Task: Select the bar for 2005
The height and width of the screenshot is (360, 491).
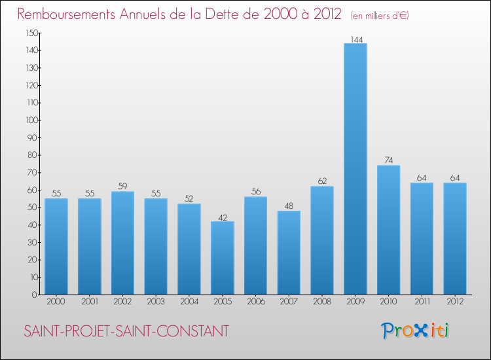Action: click(223, 258)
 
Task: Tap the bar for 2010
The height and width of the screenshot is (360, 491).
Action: click(388, 230)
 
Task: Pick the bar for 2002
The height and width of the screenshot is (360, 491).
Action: click(122, 243)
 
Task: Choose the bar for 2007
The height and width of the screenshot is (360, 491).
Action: click(289, 253)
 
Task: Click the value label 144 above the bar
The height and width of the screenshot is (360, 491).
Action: click(355, 39)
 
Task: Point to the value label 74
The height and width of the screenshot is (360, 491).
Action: click(388, 160)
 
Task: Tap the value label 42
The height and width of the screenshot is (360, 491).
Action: click(223, 217)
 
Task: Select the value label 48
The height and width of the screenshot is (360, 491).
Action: click(289, 206)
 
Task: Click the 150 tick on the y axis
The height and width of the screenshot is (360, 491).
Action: click(31, 33)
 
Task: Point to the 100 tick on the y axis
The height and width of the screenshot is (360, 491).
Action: click(31, 120)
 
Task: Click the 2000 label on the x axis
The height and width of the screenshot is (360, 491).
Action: click(56, 302)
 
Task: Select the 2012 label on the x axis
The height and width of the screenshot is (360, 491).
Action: click(455, 302)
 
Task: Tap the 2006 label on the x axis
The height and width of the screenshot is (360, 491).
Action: click(255, 302)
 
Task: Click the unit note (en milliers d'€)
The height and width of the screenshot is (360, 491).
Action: click(380, 15)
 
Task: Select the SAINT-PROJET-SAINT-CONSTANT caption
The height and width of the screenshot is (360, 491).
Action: click(126, 331)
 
